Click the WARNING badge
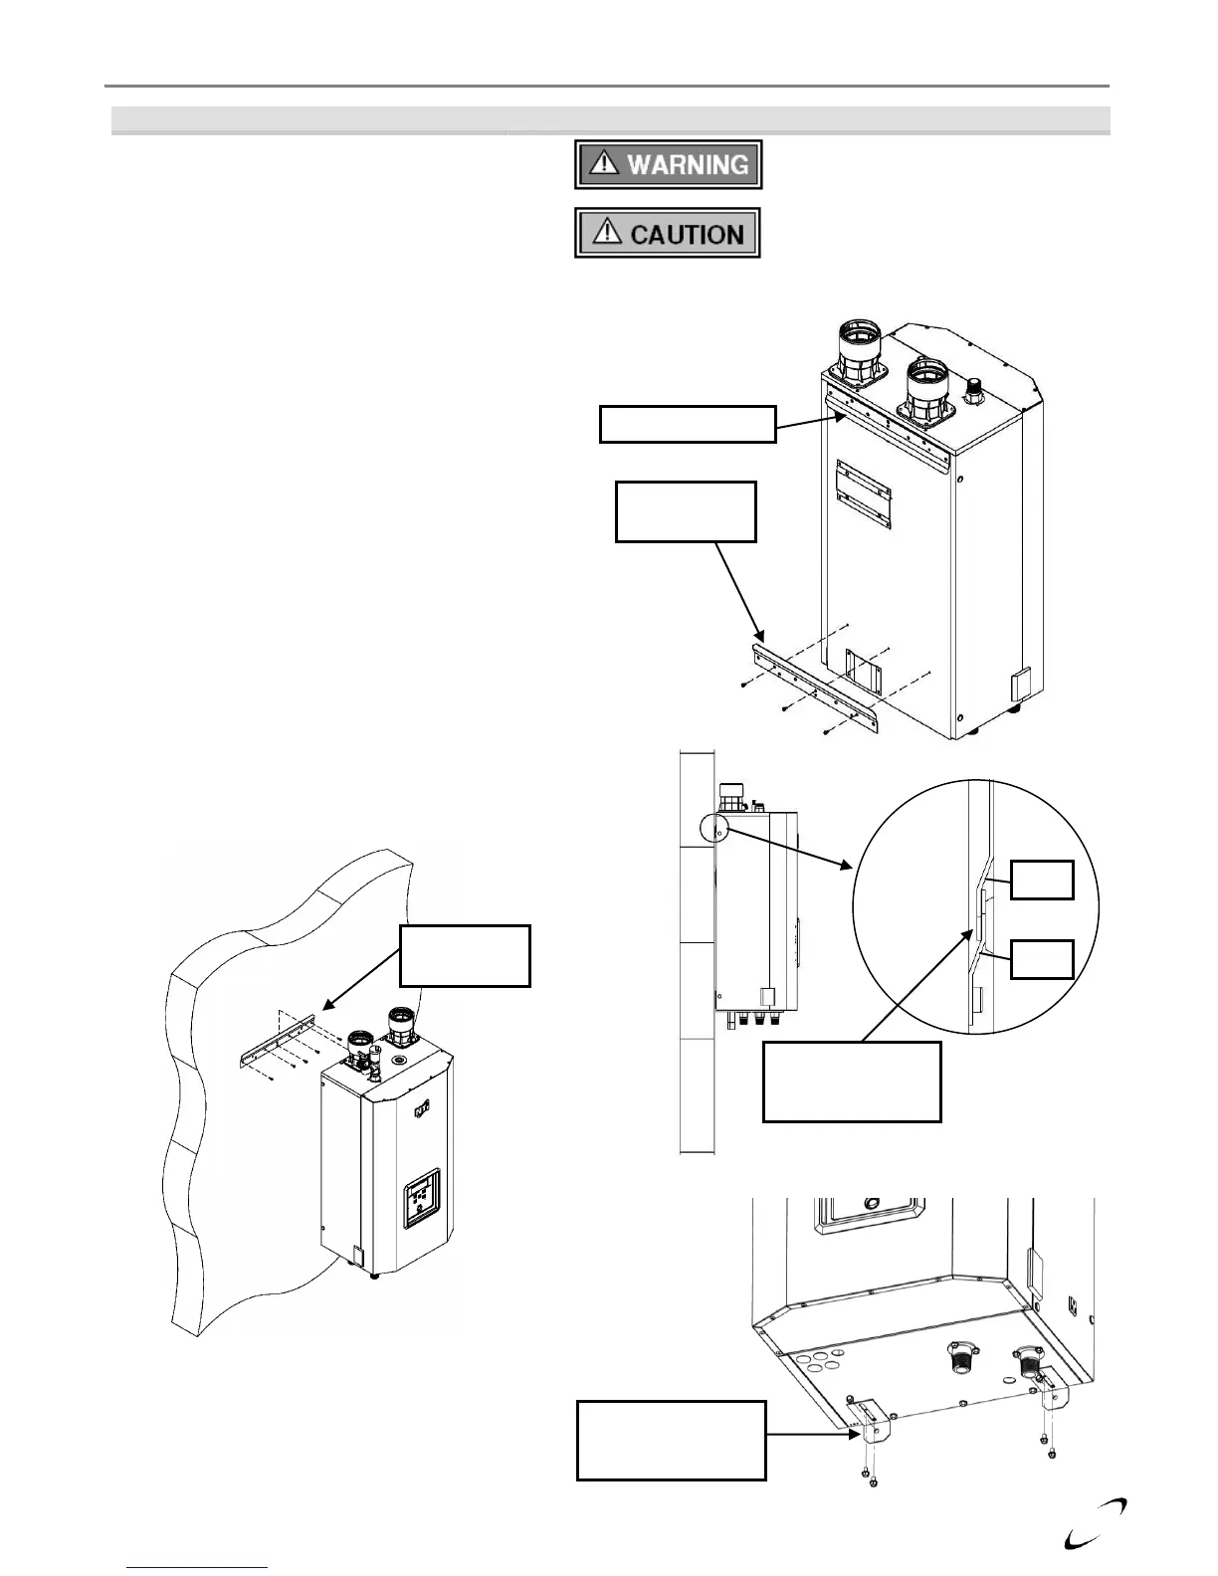[x=668, y=164]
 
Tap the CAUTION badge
[x=668, y=234]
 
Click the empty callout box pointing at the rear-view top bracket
[x=687, y=423]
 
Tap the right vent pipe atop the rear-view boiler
[x=931, y=391]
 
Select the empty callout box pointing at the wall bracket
[x=465, y=955]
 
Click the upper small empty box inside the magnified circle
[x=1042, y=880]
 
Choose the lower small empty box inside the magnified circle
[x=1042, y=958]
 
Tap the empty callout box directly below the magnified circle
[x=851, y=1082]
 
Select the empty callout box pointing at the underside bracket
[x=672, y=1440]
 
